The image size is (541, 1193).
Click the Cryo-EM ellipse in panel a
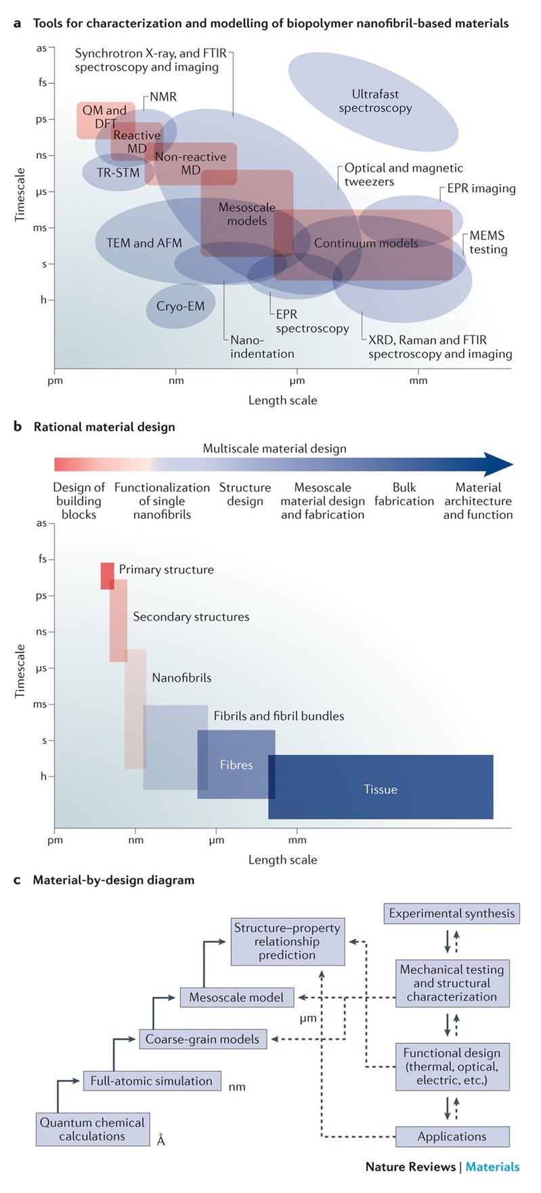pos(180,306)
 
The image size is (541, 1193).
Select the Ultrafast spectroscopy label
pos(375,101)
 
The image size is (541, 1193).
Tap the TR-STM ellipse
pos(118,173)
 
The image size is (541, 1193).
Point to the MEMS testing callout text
pos(488,242)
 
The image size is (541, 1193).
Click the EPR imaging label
pos(481,189)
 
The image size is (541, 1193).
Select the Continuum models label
pos(366,243)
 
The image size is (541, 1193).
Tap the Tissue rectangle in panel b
pos(381,789)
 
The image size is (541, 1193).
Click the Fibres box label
pos(236,765)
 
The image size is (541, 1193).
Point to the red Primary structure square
pos(107,576)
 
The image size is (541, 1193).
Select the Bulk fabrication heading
pos(404,494)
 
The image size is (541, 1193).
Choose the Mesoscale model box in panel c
pos(236,997)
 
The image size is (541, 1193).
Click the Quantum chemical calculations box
pos(92,1129)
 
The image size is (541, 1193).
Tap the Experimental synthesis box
pos(452,914)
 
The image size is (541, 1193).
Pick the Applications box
pos(452,1136)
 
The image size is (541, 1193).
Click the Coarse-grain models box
pos(202,1039)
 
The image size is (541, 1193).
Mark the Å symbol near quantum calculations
pos(160,1140)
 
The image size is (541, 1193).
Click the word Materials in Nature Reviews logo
pos(492,1167)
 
